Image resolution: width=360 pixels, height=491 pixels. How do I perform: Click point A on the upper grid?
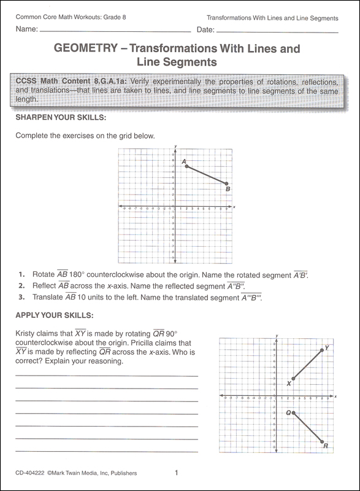click(186, 166)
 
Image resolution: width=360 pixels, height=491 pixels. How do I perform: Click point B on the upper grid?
click(227, 184)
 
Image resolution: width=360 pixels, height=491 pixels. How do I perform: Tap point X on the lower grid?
click(294, 379)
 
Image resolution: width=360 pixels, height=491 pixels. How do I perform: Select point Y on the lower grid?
click(322, 350)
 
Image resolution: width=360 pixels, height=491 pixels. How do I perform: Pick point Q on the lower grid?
click(294, 413)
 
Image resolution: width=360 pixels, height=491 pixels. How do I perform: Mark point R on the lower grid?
click(322, 441)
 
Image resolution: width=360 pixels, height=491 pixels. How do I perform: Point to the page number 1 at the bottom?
click(177, 473)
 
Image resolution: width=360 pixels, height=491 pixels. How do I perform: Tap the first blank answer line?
click(107, 376)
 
